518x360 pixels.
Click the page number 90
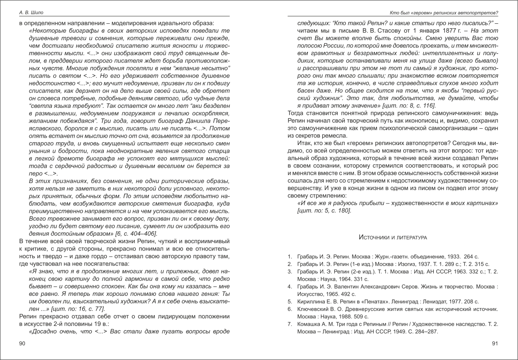click(x=22, y=344)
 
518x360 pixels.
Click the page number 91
click(x=495, y=344)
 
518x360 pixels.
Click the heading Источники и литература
click(x=393, y=237)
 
